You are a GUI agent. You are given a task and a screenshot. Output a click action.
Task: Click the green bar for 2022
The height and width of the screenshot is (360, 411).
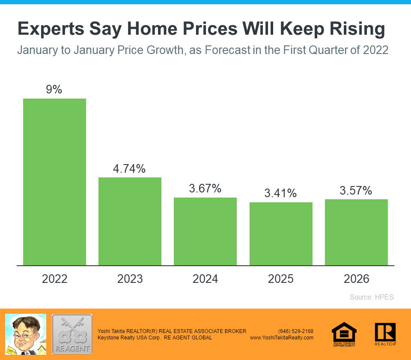click(x=54, y=182)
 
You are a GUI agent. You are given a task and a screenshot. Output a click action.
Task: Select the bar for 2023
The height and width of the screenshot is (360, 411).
click(x=130, y=221)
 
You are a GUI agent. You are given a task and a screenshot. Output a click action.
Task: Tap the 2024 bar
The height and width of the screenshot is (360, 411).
click(x=205, y=231)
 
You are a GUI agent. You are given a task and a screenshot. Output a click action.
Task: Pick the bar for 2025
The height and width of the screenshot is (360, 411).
click(x=281, y=234)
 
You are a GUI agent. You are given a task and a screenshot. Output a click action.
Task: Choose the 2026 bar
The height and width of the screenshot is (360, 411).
click(x=356, y=232)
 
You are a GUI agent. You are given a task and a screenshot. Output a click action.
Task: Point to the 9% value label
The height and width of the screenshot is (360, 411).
click(x=54, y=90)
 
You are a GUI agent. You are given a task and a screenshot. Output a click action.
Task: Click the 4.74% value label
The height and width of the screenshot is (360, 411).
click(x=130, y=168)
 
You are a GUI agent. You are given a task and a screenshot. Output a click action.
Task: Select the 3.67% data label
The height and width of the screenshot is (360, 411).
click(x=205, y=188)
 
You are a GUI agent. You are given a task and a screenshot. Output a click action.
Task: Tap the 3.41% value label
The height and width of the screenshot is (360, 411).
click(x=281, y=193)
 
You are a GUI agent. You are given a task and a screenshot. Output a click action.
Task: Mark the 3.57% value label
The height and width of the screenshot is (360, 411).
click(x=356, y=190)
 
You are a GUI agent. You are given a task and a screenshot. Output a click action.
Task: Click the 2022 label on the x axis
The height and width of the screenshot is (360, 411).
click(x=54, y=279)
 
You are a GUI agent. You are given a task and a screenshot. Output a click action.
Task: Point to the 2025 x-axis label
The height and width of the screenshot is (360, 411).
click(x=281, y=279)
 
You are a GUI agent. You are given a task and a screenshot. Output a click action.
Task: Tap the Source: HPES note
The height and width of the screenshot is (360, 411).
click(x=372, y=297)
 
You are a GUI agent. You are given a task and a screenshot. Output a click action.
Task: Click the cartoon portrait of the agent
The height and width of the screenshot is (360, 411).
click(x=25, y=334)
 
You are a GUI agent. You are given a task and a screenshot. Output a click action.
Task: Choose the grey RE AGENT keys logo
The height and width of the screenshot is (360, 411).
click(x=72, y=334)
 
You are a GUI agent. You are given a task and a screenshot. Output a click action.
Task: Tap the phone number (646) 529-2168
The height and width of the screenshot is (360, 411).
click(x=296, y=331)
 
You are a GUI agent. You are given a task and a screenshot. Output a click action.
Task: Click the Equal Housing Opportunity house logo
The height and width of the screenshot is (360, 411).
click(x=344, y=334)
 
